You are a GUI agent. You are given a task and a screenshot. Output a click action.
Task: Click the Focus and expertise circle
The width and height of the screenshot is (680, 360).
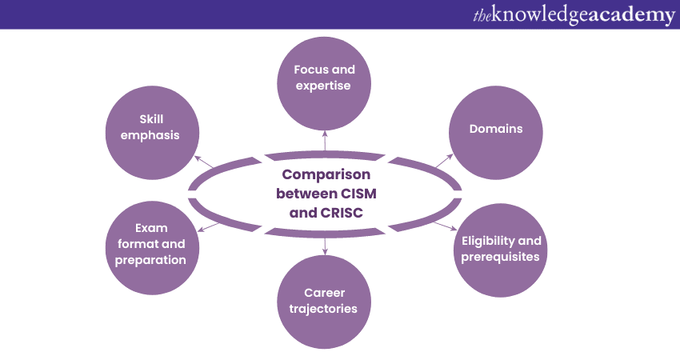tap(325, 78)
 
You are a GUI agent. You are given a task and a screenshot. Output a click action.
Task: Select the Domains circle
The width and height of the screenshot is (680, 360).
tap(496, 130)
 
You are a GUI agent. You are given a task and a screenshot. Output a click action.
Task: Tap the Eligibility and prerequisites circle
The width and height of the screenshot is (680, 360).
tap(502, 249)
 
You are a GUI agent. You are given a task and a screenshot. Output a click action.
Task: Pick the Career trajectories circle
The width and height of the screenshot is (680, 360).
tap(325, 301)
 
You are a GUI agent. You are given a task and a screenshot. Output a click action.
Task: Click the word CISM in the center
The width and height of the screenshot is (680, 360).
tap(358, 194)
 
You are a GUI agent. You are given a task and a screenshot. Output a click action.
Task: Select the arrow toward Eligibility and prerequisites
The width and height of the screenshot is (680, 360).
tap(444, 226)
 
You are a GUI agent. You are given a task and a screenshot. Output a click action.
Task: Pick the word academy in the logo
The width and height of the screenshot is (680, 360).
tap(631, 15)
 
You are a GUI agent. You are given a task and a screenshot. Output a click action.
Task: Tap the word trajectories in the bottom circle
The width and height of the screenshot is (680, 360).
tap(325, 309)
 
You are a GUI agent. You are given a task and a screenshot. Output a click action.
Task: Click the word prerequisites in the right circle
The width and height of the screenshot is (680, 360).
tap(502, 257)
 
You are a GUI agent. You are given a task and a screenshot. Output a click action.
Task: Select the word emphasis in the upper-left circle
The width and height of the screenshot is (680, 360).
tap(150, 135)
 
